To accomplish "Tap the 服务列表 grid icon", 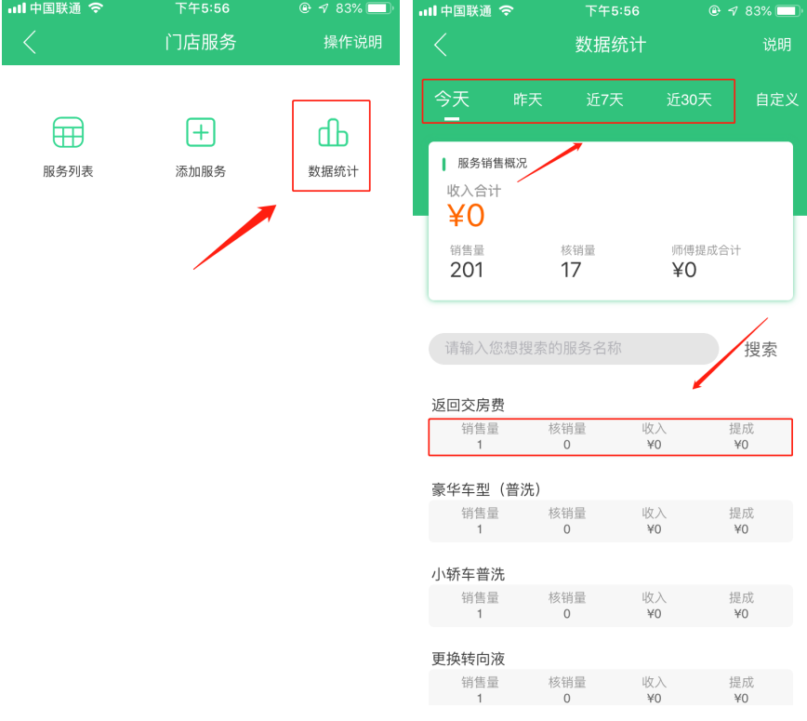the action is pyautogui.click(x=68, y=132).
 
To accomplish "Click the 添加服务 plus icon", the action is pyautogui.click(x=201, y=132).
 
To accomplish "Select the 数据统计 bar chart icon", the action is pyautogui.click(x=333, y=132).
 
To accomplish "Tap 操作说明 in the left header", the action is pyautogui.click(x=353, y=42).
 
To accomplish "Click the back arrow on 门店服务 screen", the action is pyautogui.click(x=30, y=42).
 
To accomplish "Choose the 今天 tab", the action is pyautogui.click(x=452, y=99).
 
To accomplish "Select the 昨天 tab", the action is pyautogui.click(x=527, y=100).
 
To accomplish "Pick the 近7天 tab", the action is pyautogui.click(x=604, y=100).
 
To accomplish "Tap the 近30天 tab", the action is pyautogui.click(x=689, y=100).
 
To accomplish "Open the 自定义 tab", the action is pyautogui.click(x=776, y=100).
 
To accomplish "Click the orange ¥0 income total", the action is pyautogui.click(x=466, y=215).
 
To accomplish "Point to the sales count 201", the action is pyautogui.click(x=467, y=270).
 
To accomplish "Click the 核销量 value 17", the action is pyautogui.click(x=571, y=270).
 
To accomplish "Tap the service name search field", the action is pyautogui.click(x=574, y=349).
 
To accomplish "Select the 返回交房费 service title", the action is pyautogui.click(x=468, y=406).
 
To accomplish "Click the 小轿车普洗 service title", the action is pyautogui.click(x=468, y=574).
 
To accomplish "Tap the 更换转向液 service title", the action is pyautogui.click(x=468, y=659).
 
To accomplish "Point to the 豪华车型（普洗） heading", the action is pyautogui.click(x=486, y=489).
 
